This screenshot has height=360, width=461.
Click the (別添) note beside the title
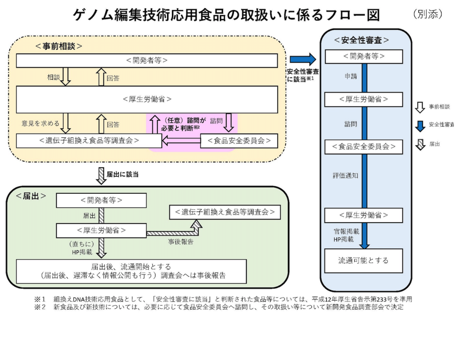click(428, 14)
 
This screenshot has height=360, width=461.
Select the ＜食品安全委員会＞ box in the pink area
click(239, 141)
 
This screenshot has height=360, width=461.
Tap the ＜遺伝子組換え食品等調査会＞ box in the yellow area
click(89, 140)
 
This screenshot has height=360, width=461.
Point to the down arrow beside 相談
click(66, 76)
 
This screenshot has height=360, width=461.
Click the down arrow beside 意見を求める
click(66, 123)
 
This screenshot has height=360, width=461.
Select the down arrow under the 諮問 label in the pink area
click(229, 123)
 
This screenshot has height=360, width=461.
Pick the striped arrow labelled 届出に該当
click(102, 176)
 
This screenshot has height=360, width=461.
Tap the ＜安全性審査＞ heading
click(361, 40)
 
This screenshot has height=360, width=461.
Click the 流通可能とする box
click(363, 261)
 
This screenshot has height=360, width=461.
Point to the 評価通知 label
click(345, 176)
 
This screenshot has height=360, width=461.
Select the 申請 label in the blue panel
click(350, 76)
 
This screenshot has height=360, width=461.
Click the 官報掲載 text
click(346, 231)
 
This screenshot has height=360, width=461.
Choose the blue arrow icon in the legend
click(420, 126)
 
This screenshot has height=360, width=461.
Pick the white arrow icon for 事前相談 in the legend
click(420, 107)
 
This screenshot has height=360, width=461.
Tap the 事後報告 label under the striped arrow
click(180, 242)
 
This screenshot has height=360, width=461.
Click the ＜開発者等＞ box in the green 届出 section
click(101, 201)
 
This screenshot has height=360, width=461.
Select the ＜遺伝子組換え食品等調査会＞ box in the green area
click(225, 212)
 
